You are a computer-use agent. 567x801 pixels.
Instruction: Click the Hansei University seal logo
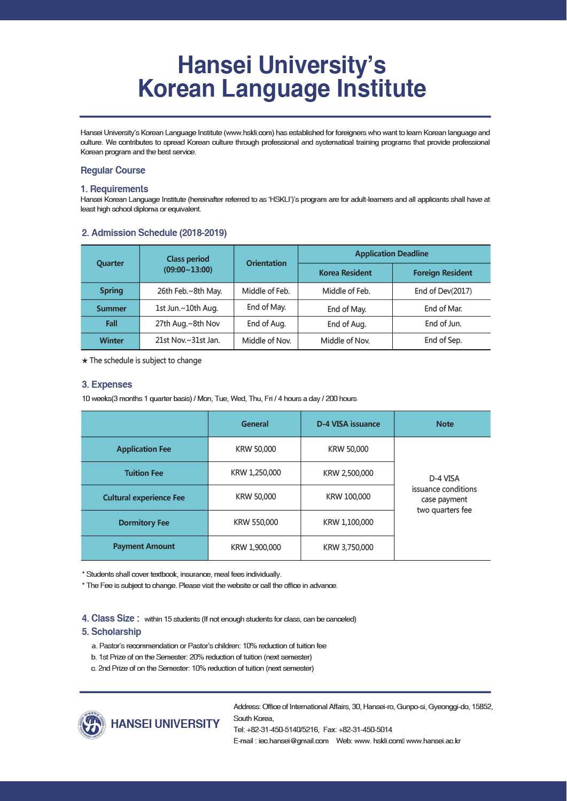click(92, 725)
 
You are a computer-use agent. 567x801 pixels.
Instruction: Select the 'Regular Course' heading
click(113, 170)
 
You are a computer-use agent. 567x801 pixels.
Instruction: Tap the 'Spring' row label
click(111, 290)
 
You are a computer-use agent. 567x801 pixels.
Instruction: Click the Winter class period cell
click(187, 340)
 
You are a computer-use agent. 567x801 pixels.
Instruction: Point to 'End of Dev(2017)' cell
click(443, 291)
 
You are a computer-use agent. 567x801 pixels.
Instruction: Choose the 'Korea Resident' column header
click(345, 273)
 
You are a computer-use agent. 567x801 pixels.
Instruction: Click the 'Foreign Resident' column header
click(442, 273)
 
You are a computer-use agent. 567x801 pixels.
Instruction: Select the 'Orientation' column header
click(266, 263)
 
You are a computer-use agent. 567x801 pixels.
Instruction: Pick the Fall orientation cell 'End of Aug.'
click(266, 324)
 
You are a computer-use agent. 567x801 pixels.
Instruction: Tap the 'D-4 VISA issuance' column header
click(348, 424)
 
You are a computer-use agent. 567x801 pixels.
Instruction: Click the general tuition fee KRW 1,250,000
click(255, 473)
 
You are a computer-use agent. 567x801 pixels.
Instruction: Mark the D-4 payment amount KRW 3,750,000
click(348, 547)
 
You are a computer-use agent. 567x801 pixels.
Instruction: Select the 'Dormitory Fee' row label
click(144, 523)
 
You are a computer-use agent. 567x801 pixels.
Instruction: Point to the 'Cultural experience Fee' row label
click(144, 498)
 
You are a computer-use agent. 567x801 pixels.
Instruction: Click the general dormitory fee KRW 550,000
click(255, 522)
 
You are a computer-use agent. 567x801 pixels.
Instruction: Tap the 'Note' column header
click(445, 424)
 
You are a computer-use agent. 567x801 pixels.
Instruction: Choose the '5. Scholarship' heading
click(111, 632)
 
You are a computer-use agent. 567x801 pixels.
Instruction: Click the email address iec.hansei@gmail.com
click(293, 741)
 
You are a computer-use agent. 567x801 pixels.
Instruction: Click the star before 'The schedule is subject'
click(84, 361)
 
